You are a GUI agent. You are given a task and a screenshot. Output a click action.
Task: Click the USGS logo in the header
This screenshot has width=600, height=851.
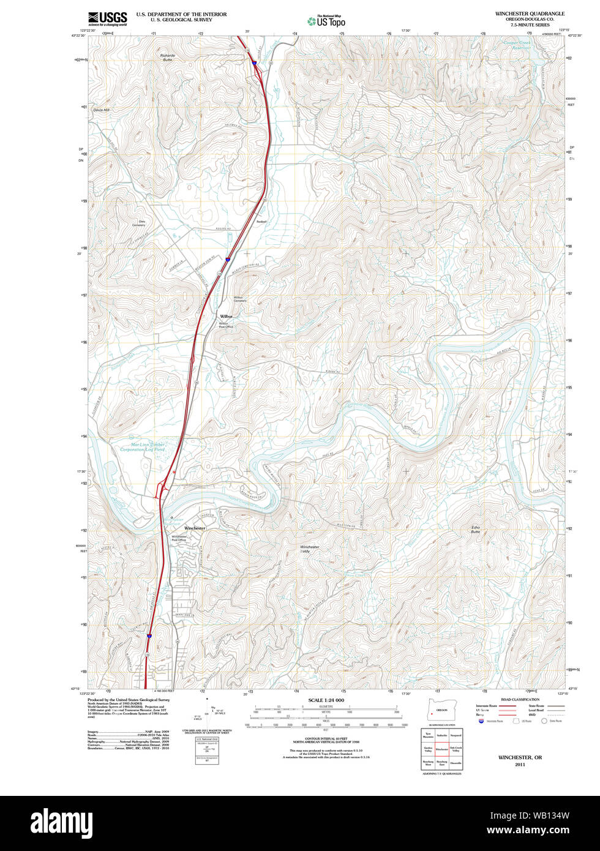click(107, 18)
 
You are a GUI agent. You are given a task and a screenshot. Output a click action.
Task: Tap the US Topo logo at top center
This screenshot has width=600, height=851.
click(326, 21)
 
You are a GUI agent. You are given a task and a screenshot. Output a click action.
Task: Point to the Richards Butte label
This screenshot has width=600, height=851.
click(167, 57)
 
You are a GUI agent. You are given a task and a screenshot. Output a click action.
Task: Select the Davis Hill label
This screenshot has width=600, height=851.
click(101, 110)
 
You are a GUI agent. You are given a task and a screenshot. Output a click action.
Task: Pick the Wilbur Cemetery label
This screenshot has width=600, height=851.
click(239, 299)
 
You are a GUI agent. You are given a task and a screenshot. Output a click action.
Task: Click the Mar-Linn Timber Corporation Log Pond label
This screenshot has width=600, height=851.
click(142, 447)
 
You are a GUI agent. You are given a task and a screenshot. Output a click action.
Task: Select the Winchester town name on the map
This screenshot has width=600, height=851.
click(195, 528)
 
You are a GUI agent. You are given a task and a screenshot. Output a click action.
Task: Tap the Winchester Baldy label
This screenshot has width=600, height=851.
click(309, 549)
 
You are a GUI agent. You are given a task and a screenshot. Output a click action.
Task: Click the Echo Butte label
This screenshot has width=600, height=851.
click(476, 530)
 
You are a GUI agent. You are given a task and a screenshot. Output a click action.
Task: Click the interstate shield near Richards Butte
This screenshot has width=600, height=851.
click(254, 62)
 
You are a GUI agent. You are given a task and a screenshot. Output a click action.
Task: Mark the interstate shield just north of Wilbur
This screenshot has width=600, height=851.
click(227, 260)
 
